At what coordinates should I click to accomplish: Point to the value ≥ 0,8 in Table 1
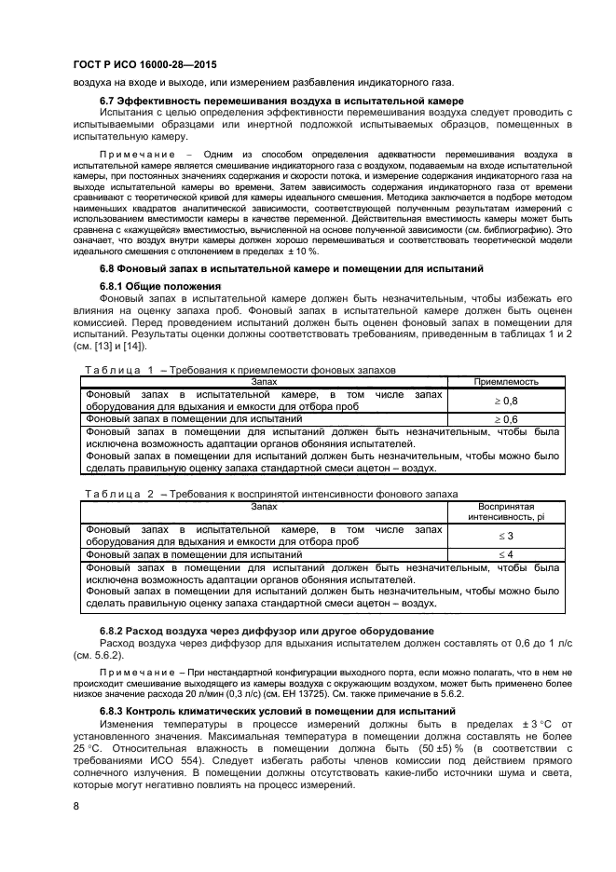[x=505, y=401]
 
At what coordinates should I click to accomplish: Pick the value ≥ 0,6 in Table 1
[x=505, y=420]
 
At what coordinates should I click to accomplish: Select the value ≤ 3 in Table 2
[x=505, y=536]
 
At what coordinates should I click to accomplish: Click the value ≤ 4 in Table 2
[x=505, y=555]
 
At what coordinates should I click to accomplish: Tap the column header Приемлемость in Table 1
[x=505, y=381]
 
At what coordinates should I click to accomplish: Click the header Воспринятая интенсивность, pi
[x=505, y=511]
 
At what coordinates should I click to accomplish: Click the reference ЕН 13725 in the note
[x=304, y=692]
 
